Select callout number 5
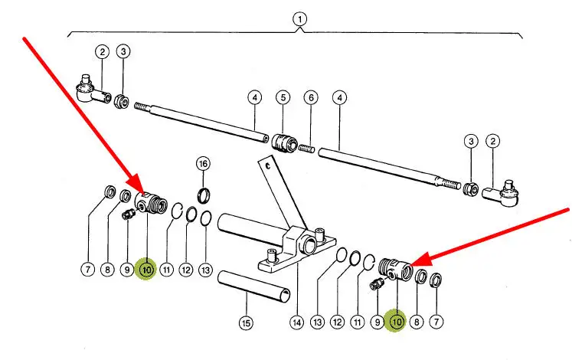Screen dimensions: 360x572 tap(283, 98)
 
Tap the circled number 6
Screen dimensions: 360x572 tap(310, 98)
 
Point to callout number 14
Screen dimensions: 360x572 tap(297, 323)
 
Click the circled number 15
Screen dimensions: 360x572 tap(246, 323)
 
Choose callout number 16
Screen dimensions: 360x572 tap(203, 163)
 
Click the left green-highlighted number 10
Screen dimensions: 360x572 tap(145, 270)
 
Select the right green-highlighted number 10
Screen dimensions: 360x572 tap(397, 323)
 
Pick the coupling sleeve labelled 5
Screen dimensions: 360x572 tap(283, 142)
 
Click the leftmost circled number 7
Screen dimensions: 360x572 tap(90, 270)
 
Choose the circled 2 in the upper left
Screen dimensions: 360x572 tap(103, 52)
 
